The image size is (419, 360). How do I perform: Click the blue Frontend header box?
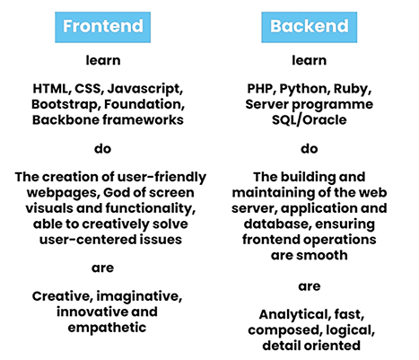(x=102, y=27)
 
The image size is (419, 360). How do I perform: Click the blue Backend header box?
(x=310, y=27)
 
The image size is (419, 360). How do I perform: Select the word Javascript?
(x=145, y=89)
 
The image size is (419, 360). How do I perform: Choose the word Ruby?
(x=353, y=89)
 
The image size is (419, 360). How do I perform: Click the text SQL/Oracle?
(x=310, y=120)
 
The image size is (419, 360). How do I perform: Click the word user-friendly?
(x=161, y=178)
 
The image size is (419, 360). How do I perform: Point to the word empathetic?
(x=107, y=328)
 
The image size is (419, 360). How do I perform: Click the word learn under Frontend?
(x=103, y=60)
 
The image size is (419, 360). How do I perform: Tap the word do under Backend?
(x=310, y=149)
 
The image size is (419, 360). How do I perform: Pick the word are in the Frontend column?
(x=102, y=268)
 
